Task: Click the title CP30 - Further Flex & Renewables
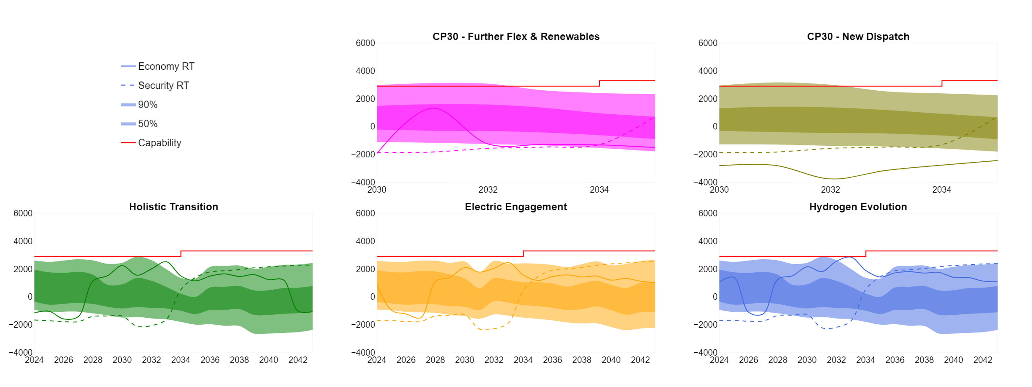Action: coord(516,36)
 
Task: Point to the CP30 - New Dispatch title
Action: coord(858,36)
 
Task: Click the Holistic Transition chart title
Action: coord(174,207)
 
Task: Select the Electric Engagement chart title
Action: coord(516,207)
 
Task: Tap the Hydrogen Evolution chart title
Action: coord(858,207)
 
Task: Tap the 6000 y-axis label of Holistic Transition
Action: coord(23,213)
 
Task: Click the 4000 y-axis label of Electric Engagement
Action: coord(365,241)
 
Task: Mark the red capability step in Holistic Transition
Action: coord(181,254)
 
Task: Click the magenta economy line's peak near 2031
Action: coord(433,108)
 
